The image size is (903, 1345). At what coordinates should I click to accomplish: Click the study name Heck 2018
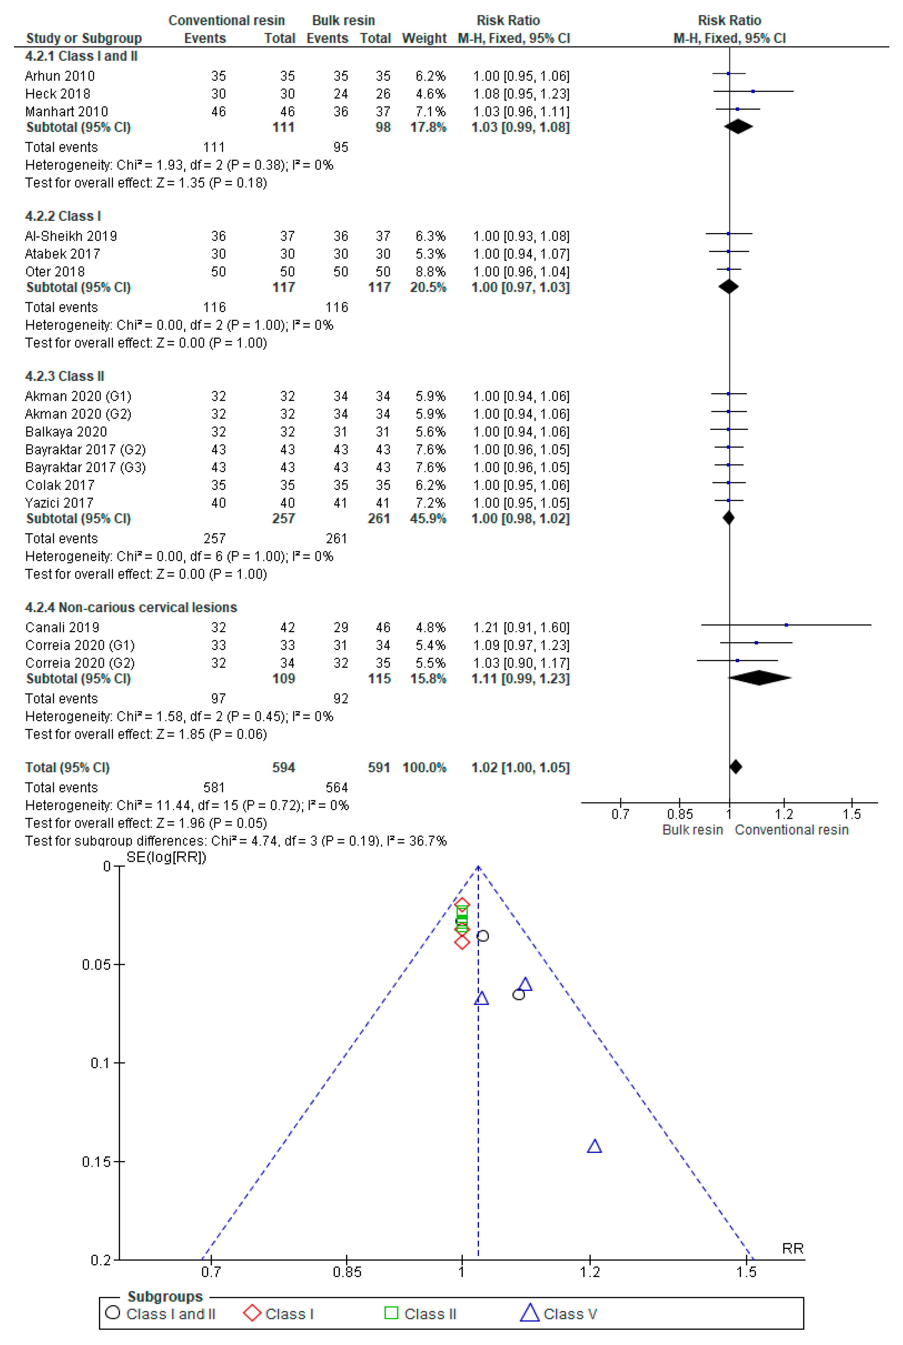pos(58,94)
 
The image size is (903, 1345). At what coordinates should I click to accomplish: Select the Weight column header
pos(424,38)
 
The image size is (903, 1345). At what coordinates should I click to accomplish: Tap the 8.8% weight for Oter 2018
pos(430,272)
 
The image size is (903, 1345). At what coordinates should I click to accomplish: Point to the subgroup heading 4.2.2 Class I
pos(63,216)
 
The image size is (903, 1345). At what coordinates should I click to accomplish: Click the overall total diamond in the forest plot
pos(736,767)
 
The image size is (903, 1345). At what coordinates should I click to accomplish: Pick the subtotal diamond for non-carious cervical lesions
pos(760,678)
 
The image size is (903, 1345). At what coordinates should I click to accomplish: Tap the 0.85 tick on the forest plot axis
pos(680,814)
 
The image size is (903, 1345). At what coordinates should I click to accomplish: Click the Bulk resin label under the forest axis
pos(692,830)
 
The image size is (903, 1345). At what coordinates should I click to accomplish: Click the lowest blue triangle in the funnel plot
pos(594,1147)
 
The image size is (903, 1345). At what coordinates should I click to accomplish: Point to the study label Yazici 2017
pos(59,503)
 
